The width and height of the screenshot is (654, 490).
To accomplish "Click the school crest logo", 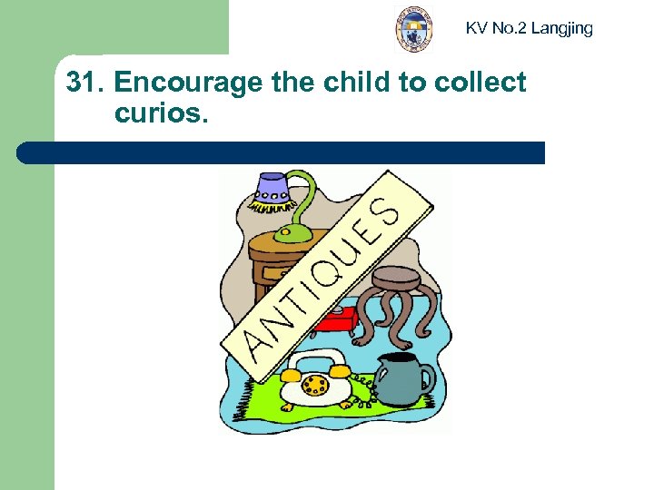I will [414, 28].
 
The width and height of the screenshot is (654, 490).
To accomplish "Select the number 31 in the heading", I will [83, 83].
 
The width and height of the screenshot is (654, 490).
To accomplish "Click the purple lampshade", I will [272, 187].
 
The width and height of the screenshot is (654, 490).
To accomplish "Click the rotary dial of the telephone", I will [315, 385].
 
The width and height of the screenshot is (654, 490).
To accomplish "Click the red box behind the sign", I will [340, 320].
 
